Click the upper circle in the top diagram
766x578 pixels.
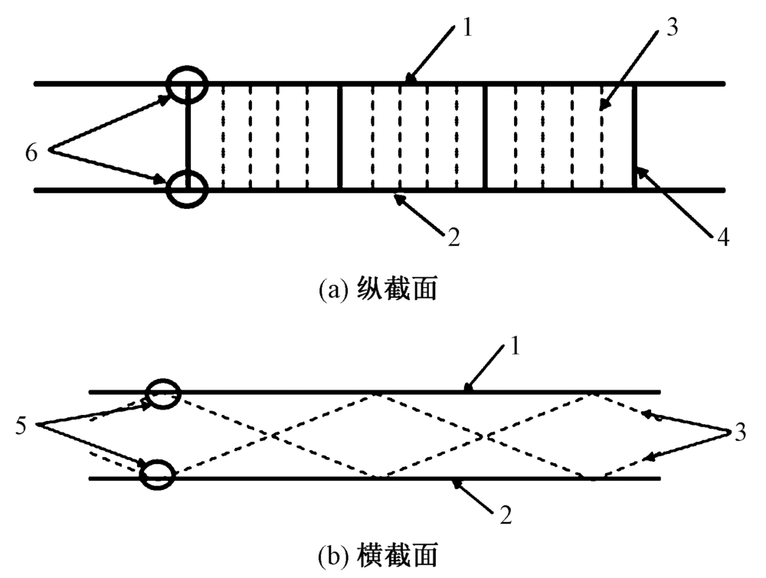point(188,84)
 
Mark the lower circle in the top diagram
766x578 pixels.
point(188,188)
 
